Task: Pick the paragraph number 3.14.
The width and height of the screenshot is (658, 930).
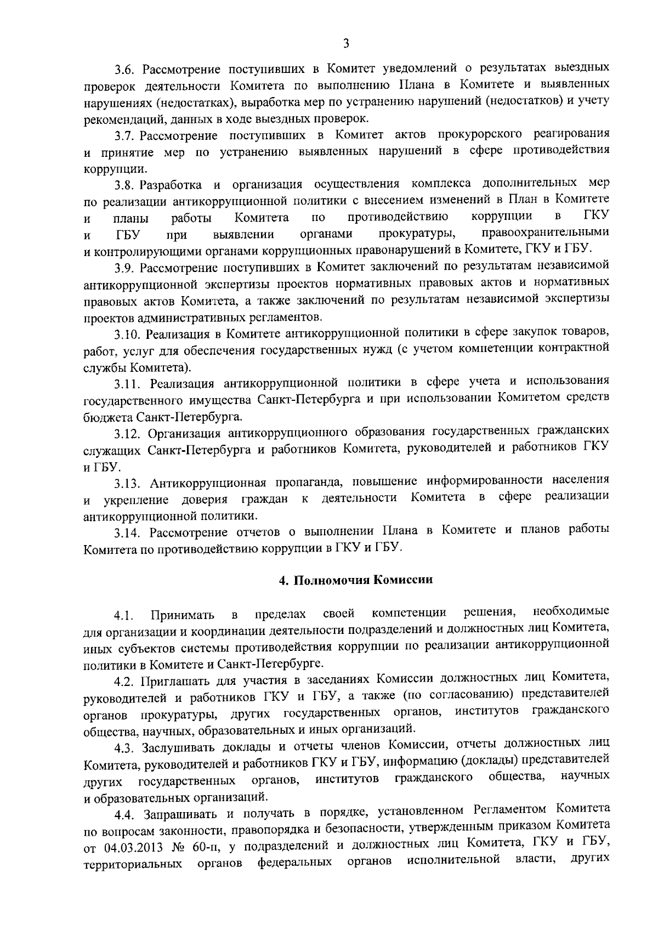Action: coord(128,532)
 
